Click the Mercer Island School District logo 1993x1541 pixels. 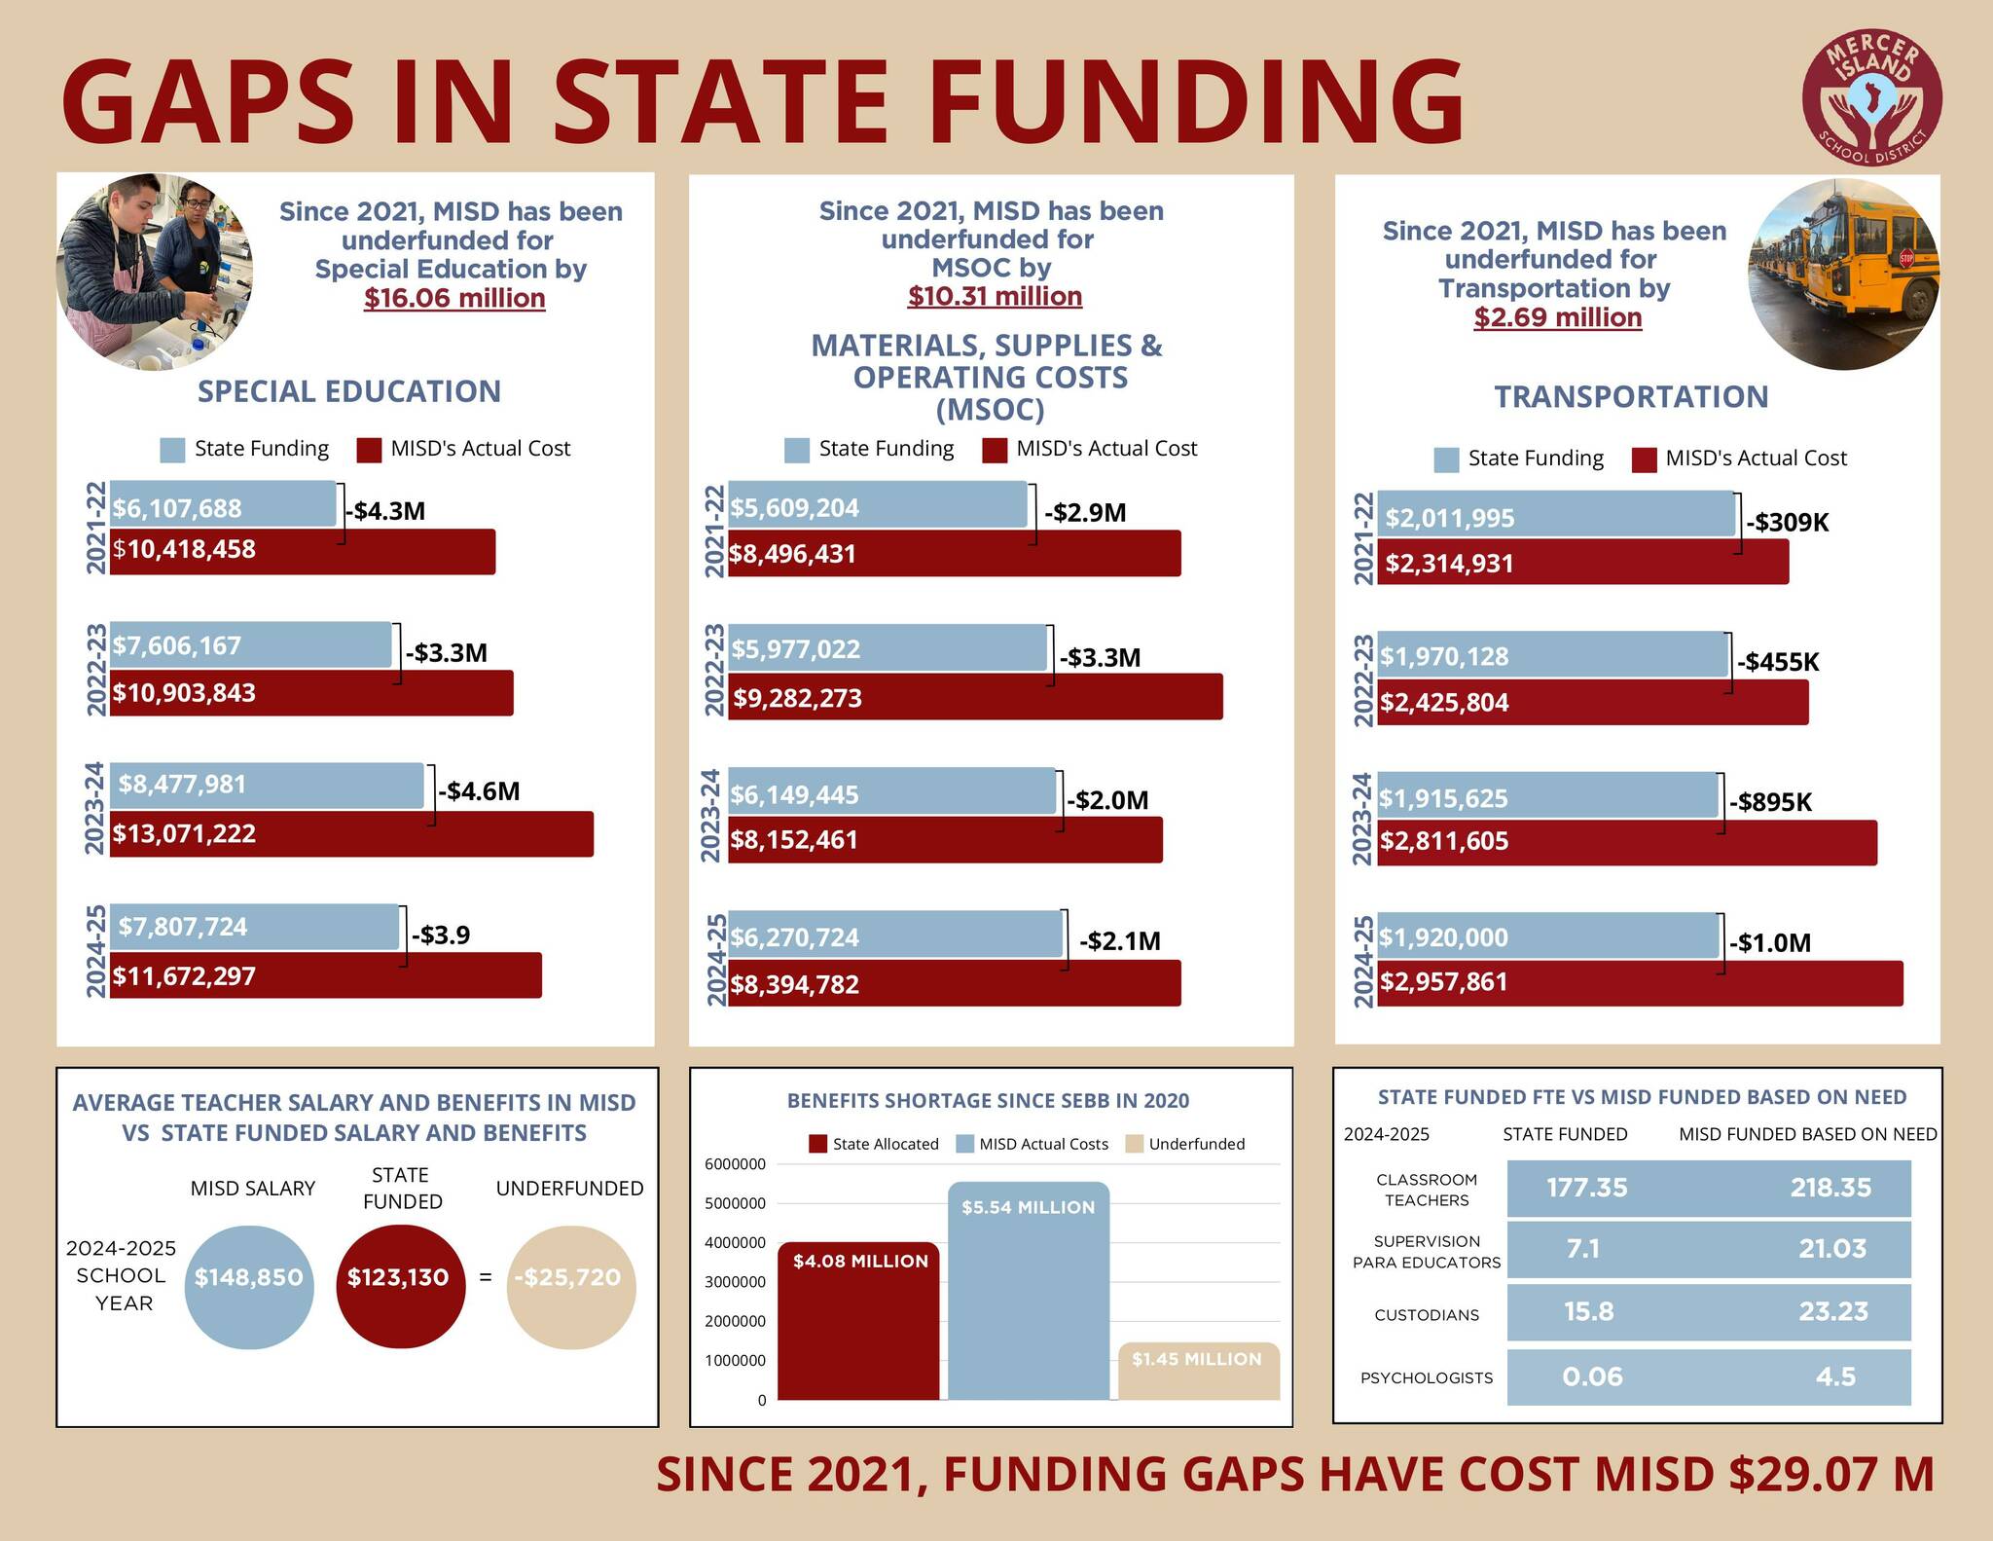click(x=1871, y=97)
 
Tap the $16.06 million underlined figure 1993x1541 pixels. click(x=454, y=298)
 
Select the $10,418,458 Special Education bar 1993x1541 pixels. click(x=302, y=551)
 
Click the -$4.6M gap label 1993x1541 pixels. click(x=479, y=790)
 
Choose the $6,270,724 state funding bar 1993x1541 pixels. click(x=895, y=936)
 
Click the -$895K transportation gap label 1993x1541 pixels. click(x=1770, y=802)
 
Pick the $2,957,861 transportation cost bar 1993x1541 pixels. click(x=1640, y=982)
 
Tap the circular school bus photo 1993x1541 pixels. click(x=1843, y=275)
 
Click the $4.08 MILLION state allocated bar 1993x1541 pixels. click(x=859, y=1320)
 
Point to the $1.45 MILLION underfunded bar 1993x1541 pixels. click(x=1198, y=1371)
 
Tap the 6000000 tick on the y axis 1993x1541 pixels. click(x=735, y=1164)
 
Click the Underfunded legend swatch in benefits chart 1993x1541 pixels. click(x=1134, y=1144)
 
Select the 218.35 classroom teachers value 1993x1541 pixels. click(x=1830, y=1188)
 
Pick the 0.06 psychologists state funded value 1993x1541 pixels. click(x=1592, y=1376)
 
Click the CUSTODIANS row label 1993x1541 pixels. click(x=1427, y=1315)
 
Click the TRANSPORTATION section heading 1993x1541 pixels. click(x=1631, y=397)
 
